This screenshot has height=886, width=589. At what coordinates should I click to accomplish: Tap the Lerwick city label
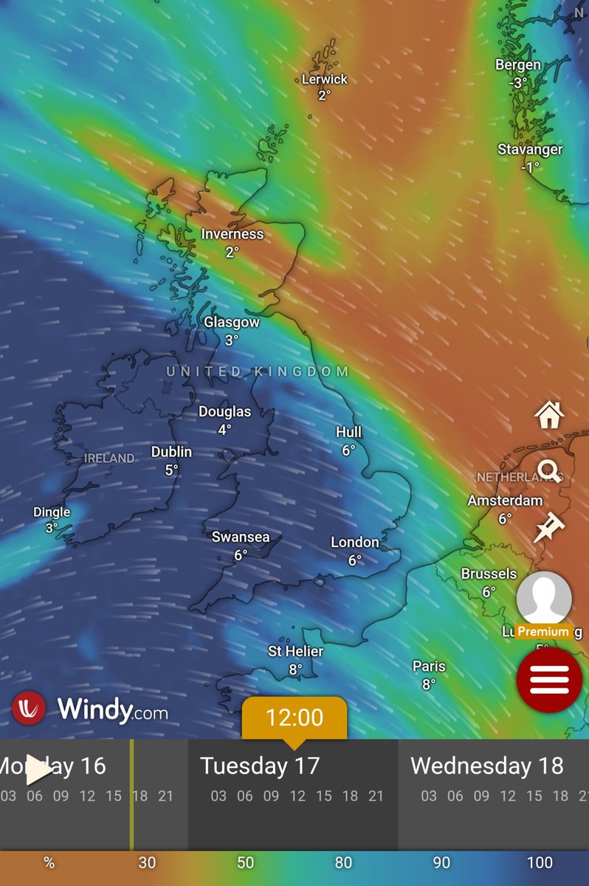324,79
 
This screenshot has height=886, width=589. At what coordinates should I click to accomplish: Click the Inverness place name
232,234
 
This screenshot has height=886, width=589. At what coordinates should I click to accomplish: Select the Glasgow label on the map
232,323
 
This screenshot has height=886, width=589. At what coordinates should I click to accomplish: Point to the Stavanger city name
530,150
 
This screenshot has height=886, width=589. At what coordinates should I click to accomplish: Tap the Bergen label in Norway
518,66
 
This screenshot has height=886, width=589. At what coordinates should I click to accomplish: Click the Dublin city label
171,452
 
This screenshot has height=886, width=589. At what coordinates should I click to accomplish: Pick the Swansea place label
241,537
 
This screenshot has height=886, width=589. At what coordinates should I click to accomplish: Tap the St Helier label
295,651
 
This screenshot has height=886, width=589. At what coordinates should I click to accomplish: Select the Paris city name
429,666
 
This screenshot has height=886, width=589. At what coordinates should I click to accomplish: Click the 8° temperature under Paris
429,684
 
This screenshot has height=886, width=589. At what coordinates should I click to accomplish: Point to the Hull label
349,432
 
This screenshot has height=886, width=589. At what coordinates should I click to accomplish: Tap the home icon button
549,416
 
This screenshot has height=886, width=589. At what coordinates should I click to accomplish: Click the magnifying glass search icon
549,470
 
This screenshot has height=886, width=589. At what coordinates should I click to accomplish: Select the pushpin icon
549,528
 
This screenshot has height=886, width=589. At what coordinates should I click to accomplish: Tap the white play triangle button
38,770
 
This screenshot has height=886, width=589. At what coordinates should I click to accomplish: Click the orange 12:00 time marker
294,717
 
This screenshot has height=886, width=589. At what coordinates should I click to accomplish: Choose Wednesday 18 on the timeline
486,766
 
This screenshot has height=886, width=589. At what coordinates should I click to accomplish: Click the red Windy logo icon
29,708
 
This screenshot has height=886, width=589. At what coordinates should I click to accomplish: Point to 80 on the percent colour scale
343,862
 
